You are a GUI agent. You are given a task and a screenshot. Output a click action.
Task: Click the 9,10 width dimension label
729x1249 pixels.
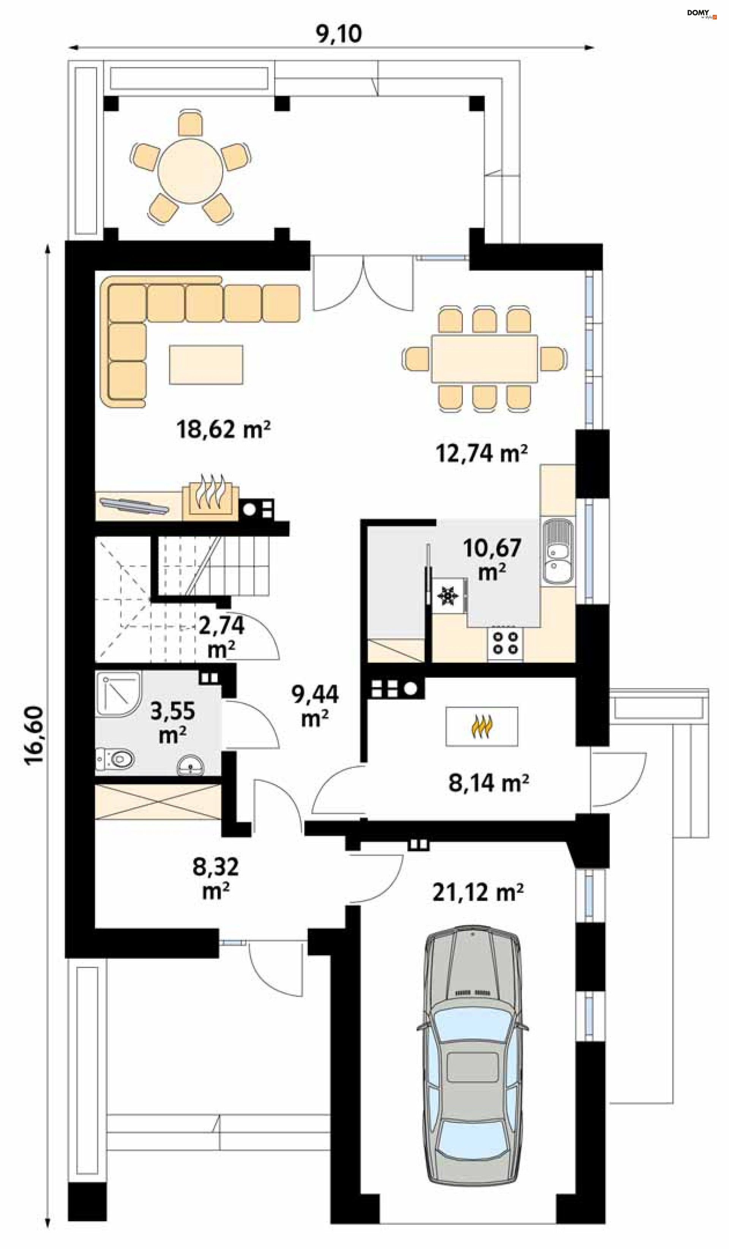[x=339, y=34]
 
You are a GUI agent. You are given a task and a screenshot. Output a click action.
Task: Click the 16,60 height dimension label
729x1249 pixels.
[x=34, y=736]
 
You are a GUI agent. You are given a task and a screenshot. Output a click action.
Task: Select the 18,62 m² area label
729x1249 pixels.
[x=223, y=429]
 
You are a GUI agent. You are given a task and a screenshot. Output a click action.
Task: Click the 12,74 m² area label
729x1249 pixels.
[x=481, y=454]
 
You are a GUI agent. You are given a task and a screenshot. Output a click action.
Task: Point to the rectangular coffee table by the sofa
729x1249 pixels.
[x=206, y=364]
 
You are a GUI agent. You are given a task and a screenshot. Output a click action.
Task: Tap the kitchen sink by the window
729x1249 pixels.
[x=557, y=551]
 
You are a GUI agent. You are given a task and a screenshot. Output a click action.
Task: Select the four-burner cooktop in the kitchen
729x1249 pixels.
[x=505, y=643]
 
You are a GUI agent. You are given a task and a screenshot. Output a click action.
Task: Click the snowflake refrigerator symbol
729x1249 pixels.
[x=447, y=595]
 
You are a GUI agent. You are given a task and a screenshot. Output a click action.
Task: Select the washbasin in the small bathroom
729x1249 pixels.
[x=191, y=766]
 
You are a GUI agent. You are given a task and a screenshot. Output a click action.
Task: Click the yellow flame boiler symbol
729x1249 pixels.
[x=481, y=727]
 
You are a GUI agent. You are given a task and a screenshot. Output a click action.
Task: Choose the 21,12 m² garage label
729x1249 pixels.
[x=478, y=892]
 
